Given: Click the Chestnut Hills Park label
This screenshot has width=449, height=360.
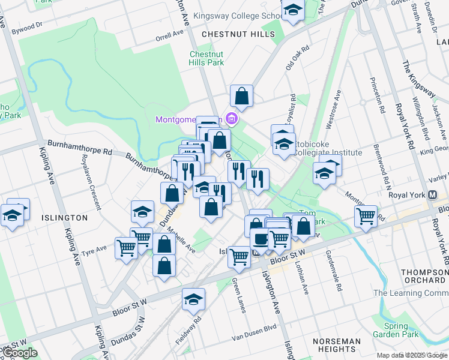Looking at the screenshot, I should point(206,58).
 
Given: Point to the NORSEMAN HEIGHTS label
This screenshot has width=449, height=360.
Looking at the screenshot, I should point(337,345).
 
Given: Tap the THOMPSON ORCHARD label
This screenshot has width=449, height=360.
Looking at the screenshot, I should point(425,276).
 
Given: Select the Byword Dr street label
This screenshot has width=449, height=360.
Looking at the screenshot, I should point(27,27).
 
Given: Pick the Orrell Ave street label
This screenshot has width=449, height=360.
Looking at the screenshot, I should point(169,35).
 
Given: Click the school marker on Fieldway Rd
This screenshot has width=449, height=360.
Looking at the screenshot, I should point(194,299).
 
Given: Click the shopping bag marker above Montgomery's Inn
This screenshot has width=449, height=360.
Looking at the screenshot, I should point(241,95).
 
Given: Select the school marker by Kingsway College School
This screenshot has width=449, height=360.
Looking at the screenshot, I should point(293,11).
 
